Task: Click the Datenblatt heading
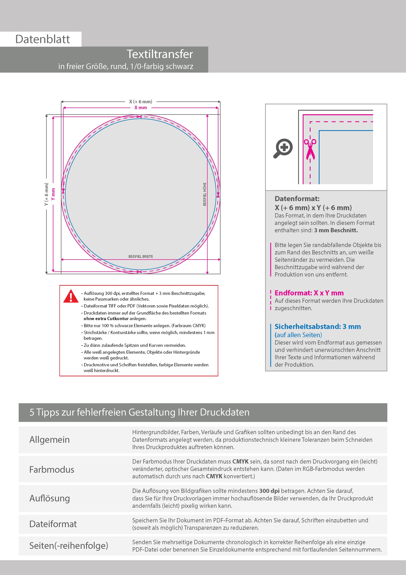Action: [43, 39]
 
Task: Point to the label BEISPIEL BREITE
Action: [141, 257]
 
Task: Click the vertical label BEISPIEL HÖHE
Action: [205, 194]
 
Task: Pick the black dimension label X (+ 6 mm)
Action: [141, 102]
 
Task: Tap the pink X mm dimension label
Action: [141, 108]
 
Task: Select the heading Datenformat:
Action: [297, 199]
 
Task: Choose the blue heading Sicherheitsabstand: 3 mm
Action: [318, 327]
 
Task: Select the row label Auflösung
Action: [50, 498]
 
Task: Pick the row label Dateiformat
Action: [53, 524]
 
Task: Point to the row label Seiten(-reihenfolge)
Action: [69, 546]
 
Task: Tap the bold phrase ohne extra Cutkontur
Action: [106, 318]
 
